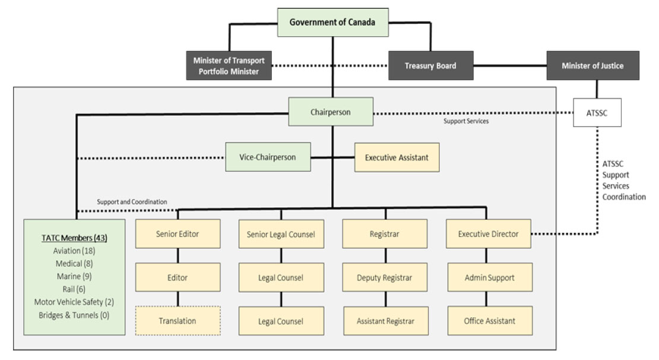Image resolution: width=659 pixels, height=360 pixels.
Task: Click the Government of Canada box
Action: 332,23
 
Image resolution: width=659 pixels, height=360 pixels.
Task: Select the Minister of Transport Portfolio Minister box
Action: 229,65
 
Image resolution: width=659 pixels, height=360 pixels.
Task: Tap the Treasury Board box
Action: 430,65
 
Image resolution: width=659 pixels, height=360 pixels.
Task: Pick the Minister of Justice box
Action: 592,65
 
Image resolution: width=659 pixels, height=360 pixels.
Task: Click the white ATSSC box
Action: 597,112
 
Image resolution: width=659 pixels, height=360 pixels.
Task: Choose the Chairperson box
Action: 331,112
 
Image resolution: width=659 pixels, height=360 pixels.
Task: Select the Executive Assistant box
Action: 397,157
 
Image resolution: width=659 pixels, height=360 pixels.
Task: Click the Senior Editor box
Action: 178,234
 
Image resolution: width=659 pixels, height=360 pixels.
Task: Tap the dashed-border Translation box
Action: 178,321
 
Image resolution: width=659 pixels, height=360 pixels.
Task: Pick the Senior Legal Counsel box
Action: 281,234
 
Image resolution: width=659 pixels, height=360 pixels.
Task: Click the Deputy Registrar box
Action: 385,277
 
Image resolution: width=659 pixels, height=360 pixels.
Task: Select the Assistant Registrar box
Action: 385,321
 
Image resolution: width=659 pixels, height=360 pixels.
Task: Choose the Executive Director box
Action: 488,234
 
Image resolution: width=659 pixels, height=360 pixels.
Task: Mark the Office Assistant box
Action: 489,321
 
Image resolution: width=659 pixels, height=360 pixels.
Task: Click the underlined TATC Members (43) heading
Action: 74,238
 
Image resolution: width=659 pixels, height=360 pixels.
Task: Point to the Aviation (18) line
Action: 74,251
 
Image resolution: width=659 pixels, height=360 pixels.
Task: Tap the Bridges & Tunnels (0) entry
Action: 74,314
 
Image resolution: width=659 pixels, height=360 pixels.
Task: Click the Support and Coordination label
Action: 132,202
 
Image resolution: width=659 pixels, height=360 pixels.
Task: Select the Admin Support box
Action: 489,277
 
